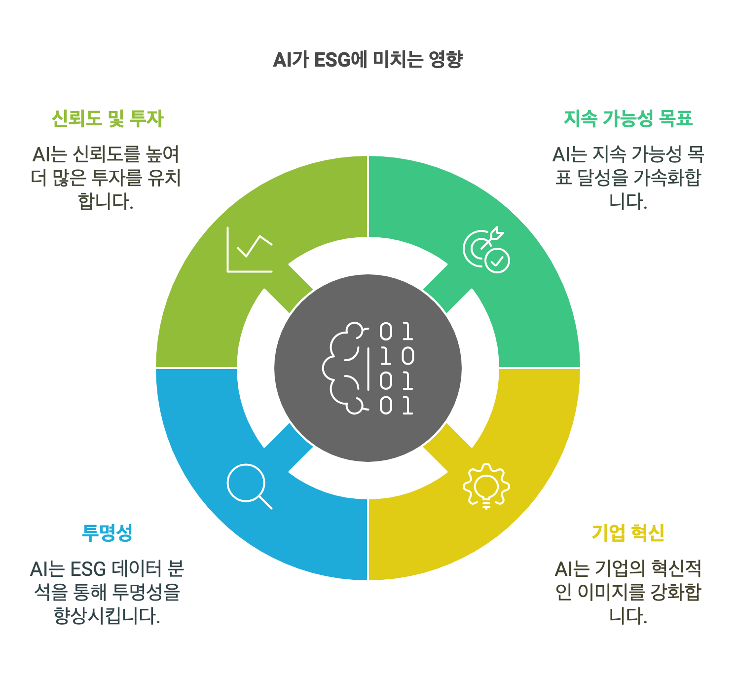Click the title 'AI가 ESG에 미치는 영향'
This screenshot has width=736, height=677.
368,60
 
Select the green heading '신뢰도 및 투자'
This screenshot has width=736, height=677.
108,118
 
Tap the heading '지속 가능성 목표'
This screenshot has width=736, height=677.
628,118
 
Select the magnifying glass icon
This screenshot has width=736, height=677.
249,486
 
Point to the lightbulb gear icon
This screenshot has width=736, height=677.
486,486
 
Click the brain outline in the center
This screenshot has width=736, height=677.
345,368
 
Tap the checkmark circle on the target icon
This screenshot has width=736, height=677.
497,260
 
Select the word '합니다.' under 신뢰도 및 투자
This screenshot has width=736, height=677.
106,201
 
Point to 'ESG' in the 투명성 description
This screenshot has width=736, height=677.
88,569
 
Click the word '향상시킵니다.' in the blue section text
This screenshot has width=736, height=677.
107,616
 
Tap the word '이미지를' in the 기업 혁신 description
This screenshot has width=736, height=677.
613,592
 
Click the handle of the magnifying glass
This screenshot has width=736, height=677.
265,502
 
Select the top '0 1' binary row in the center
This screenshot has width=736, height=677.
396,332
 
